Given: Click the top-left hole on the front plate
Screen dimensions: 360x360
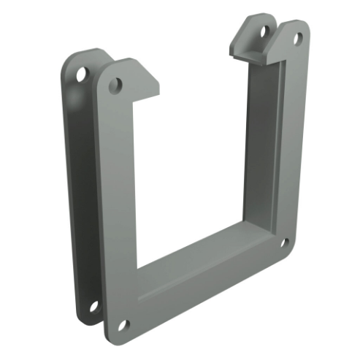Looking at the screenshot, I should pos(115,86).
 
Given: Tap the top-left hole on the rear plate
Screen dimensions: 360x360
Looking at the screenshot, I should pos(81,74).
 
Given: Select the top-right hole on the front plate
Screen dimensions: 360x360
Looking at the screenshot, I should pos(297,37).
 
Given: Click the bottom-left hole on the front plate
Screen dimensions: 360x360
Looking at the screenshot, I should pos(123,323).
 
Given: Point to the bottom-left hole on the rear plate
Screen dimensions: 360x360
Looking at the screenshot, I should pos(94,306).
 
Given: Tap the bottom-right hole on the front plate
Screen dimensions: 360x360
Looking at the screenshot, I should pos(285,242).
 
